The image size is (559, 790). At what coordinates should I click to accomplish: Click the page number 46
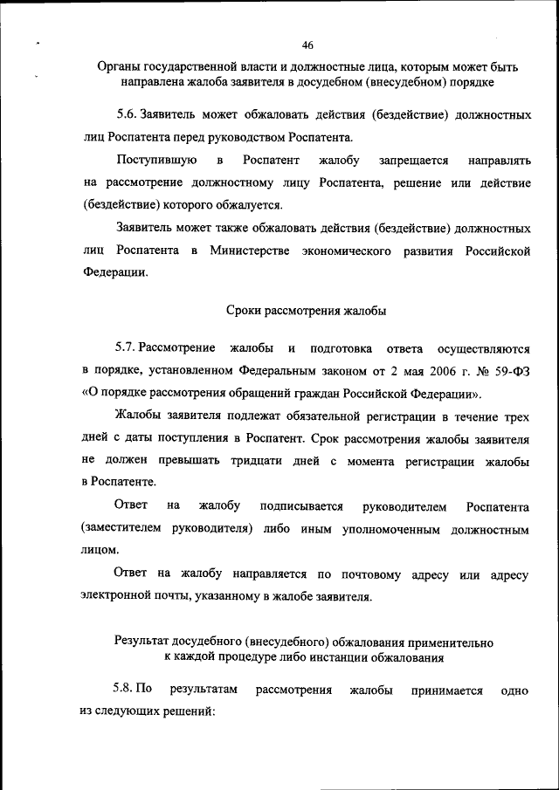tap(307, 45)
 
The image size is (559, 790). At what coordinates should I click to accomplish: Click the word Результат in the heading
tap(144, 642)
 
